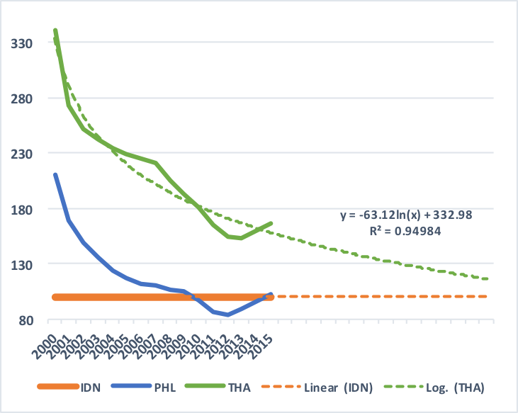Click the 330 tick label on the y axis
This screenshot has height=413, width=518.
pyautogui.click(x=23, y=43)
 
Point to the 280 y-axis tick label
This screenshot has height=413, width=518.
pyautogui.click(x=23, y=98)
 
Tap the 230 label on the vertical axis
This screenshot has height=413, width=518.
pyautogui.click(x=23, y=154)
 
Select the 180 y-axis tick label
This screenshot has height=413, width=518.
pyautogui.click(x=23, y=209)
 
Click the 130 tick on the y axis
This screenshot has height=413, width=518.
pyautogui.click(x=23, y=264)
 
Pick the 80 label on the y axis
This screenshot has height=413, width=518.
pyautogui.click(x=26, y=319)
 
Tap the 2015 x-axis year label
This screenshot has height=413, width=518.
pyautogui.click(x=263, y=338)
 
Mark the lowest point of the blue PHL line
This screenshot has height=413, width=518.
pyautogui.click(x=228, y=315)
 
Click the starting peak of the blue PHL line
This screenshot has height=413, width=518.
pyautogui.click(x=55, y=174)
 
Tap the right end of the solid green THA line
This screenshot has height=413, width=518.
pyautogui.click(x=271, y=223)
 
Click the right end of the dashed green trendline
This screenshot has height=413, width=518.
pyautogui.click(x=488, y=279)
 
